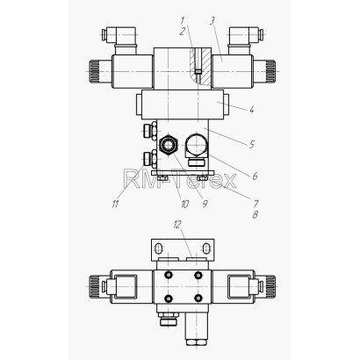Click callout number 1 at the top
[183, 21]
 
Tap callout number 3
[212, 21]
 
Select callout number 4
[251, 110]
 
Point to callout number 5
[251, 144]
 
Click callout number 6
[255, 176]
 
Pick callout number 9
[205, 204]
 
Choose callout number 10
[184, 204]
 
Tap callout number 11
[115, 204]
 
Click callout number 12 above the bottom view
[177, 225]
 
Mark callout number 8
[255, 215]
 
